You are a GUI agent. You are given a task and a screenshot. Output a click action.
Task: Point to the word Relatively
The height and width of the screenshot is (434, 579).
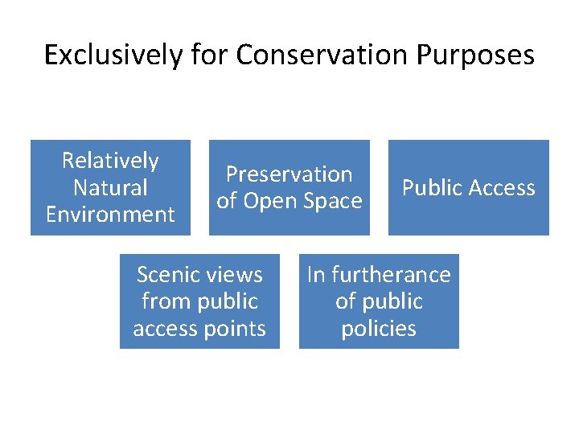tap(110, 161)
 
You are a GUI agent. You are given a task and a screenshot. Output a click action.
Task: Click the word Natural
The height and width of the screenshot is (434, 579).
tap(110, 188)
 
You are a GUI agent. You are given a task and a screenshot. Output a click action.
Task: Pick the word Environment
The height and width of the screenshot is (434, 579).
tap(110, 215)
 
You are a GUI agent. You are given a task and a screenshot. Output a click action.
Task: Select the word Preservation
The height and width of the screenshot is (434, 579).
tap(289, 174)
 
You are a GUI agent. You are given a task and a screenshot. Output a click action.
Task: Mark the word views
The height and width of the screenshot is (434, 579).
tap(233, 275)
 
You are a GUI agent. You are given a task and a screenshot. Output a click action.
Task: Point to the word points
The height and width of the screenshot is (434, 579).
tap(235, 329)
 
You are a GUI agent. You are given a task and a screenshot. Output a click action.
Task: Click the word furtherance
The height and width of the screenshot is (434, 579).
tap(391, 275)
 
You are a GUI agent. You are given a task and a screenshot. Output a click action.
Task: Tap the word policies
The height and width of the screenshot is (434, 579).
tap(379, 329)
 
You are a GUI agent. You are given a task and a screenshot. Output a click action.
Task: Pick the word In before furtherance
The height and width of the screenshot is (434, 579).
tap(316, 275)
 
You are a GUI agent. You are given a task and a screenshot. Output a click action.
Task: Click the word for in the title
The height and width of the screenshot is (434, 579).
tap(211, 55)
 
